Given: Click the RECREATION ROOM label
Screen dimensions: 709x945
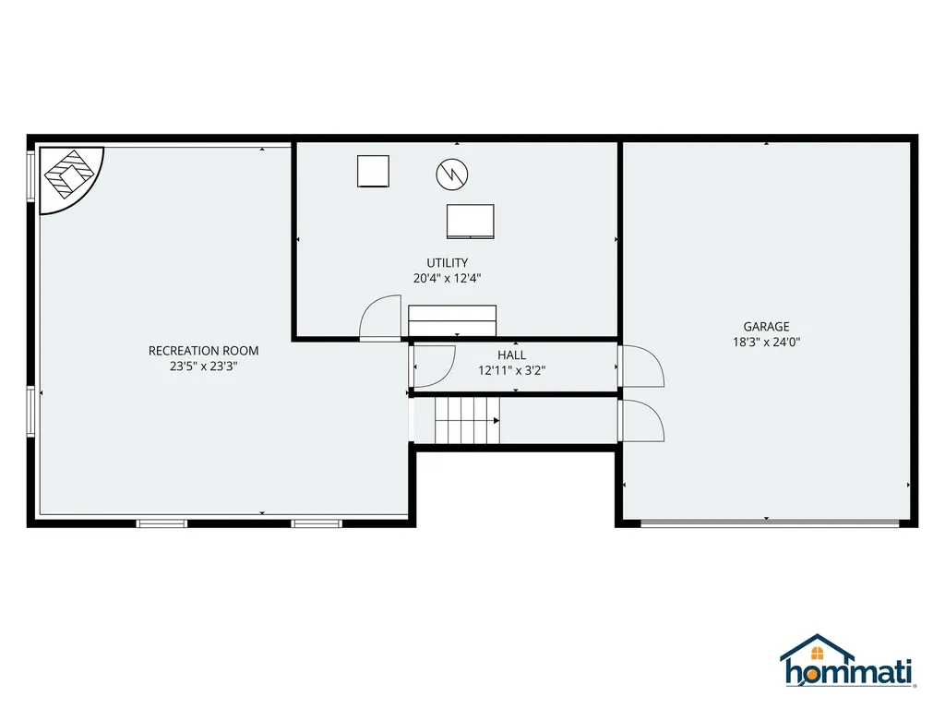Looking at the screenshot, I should point(203,351).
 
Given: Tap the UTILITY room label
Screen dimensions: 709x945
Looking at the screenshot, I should point(448,263).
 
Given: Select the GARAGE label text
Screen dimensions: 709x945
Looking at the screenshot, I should point(767,326).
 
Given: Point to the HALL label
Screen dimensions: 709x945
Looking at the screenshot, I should point(511,355).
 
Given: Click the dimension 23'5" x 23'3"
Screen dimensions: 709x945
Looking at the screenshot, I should point(203,366).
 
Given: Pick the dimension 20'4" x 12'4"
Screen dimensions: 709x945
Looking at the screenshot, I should point(448,277).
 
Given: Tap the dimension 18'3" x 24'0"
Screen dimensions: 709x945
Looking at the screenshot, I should point(767,341).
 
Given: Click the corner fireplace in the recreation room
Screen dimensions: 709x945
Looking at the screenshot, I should point(70,174).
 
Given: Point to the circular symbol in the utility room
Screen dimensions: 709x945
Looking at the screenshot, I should point(452,172).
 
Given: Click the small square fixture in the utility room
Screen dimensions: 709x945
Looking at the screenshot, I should point(374,171).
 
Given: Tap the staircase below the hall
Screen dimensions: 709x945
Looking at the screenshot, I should point(466,420).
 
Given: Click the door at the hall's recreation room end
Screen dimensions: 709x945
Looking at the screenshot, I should point(434,364).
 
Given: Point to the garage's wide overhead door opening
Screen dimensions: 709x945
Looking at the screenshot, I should point(770,523).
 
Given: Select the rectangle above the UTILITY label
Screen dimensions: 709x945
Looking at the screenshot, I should point(470,222).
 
